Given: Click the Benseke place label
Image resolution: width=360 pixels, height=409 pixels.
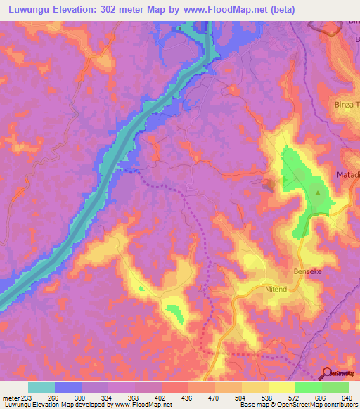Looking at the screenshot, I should click(x=307, y=271).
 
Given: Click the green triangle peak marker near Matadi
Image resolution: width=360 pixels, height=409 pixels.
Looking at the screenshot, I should click(x=318, y=193).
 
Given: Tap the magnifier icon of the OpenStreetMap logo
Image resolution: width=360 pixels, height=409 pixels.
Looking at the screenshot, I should click(x=327, y=373).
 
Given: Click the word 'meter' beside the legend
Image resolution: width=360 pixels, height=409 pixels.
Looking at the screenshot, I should click(x=11, y=396).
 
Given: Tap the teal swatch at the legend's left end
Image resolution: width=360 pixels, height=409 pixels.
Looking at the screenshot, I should click(x=41, y=387).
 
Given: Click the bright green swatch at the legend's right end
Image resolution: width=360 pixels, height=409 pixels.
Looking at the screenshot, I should click(x=335, y=387).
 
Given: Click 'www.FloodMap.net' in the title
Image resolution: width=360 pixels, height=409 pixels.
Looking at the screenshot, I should click(x=221, y=9).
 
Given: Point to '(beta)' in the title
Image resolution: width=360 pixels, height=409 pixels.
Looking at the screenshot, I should click(x=281, y=9).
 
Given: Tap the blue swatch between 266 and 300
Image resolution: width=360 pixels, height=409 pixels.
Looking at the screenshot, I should click(x=68, y=387).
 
